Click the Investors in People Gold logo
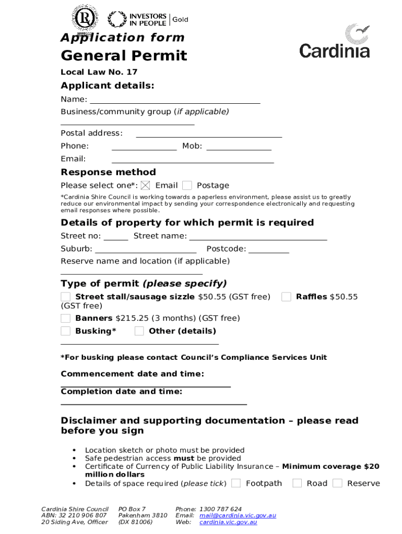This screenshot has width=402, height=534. pyautogui.click(x=147, y=20)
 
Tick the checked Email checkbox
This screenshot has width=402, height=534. pyautogui.click(x=146, y=185)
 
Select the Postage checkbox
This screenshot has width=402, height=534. pyautogui.click(x=187, y=185)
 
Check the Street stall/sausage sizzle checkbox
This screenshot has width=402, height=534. pyautogui.click(x=65, y=297)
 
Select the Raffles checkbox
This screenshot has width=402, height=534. pyautogui.click(x=286, y=297)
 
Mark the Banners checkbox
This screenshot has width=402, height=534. pyautogui.click(x=65, y=318)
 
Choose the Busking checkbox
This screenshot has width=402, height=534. pyautogui.click(x=65, y=331)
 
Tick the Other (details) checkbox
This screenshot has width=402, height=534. pyautogui.click(x=139, y=331)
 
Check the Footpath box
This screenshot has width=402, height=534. pyautogui.click(x=236, y=483)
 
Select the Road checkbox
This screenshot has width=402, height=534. pyautogui.click(x=297, y=483)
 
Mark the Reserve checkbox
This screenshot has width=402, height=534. pyautogui.click(x=337, y=483)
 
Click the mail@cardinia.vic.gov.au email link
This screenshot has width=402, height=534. pyautogui.click(x=238, y=516)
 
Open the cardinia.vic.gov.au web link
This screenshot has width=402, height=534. pyautogui.click(x=228, y=522)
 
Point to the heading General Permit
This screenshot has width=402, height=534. pyautogui.click(x=124, y=56)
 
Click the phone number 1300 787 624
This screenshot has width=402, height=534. pyautogui.click(x=220, y=509)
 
